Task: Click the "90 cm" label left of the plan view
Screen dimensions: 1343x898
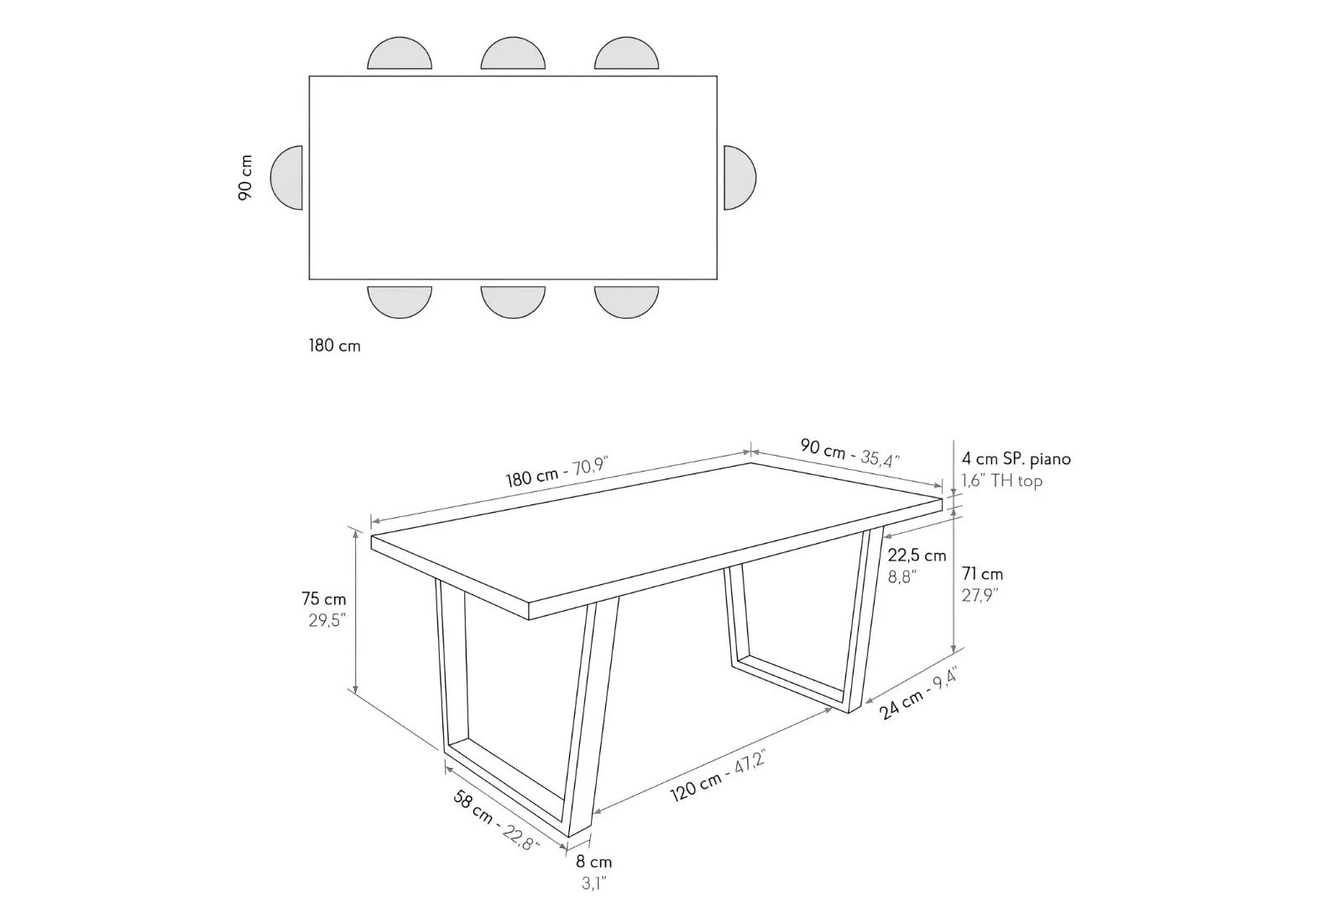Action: pos(245,177)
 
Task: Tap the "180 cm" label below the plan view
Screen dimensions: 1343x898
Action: pos(335,346)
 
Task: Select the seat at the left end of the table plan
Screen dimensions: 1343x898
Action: pos(286,177)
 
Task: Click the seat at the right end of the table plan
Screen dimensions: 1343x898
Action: pos(739,177)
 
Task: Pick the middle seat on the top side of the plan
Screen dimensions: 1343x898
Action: pos(513,54)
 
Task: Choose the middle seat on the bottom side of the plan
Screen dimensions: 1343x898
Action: pos(513,302)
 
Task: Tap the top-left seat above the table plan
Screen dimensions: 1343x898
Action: pos(400,54)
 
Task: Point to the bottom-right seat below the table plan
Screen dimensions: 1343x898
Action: pos(626,302)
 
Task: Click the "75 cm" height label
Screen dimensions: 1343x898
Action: pos(324,599)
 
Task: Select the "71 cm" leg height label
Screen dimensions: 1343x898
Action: pos(982,574)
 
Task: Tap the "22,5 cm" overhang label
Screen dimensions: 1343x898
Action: pos(917,556)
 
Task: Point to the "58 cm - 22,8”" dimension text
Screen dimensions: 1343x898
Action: pos(496,820)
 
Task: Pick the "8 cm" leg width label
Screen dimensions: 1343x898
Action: pos(593,862)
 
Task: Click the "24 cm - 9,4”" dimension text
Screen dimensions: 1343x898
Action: pos(918,693)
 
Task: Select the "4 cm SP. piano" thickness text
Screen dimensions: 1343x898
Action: pos(1016,459)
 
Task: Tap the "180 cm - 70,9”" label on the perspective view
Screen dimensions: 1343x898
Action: pos(557,472)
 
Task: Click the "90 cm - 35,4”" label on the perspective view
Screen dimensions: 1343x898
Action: pos(850,453)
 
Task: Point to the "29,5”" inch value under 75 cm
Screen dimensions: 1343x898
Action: pos(327,620)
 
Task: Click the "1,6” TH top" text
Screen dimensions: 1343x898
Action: pos(1002,481)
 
